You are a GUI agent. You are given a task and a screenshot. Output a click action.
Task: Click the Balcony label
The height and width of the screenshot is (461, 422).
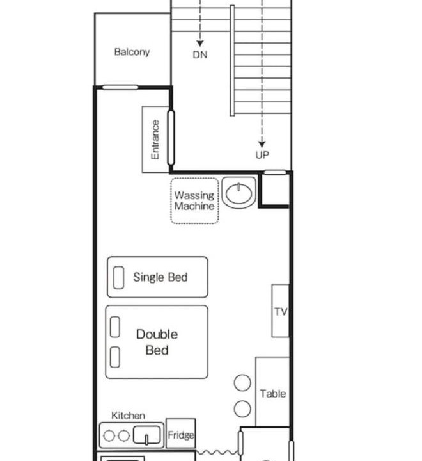click(x=132, y=52)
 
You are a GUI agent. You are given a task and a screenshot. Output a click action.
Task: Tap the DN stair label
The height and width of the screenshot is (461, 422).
click(x=200, y=54)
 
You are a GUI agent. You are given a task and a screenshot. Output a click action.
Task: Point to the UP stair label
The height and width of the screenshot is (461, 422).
click(x=262, y=155)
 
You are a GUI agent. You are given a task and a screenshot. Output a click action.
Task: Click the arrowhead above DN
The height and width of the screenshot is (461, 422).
click(x=200, y=44)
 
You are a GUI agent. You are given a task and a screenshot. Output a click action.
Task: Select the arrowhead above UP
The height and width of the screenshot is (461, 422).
click(x=262, y=144)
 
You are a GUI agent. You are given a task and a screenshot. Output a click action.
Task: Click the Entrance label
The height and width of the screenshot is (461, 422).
click(x=155, y=140)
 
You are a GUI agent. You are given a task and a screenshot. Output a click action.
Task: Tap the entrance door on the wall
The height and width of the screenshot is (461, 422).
click(x=171, y=137)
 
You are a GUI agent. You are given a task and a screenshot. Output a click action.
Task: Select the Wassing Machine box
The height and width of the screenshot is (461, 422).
click(x=194, y=201)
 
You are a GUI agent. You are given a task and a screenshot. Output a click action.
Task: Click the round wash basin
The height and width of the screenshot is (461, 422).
click(x=238, y=193)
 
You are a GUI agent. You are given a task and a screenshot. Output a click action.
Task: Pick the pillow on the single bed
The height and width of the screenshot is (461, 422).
click(x=118, y=277)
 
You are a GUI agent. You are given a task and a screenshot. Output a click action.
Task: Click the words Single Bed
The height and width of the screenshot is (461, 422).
click(x=160, y=277)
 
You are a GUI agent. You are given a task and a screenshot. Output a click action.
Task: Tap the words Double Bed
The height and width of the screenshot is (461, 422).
click(x=157, y=342)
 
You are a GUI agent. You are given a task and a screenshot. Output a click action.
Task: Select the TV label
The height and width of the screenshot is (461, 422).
click(x=281, y=311)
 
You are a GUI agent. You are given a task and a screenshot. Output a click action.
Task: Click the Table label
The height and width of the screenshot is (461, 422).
click(x=273, y=394)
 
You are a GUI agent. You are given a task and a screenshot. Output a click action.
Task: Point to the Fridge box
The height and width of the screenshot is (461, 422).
click(x=180, y=433)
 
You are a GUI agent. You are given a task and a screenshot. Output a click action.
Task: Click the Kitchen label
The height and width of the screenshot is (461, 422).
click(x=128, y=416)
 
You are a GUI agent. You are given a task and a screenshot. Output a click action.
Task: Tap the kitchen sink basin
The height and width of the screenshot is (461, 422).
click(x=146, y=435)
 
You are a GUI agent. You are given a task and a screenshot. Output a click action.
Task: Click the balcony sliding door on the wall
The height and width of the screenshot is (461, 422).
click(x=120, y=87)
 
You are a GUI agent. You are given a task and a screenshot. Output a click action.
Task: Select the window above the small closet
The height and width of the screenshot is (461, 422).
click(x=275, y=173)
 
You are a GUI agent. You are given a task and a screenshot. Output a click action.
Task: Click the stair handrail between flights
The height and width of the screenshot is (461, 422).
click(x=232, y=61)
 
